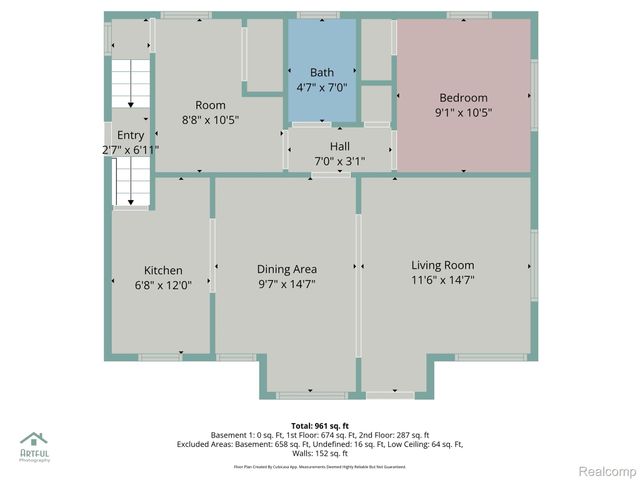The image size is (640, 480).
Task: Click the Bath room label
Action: (x=322, y=72)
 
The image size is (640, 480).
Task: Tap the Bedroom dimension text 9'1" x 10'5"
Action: (x=463, y=113)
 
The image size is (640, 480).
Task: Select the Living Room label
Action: (x=442, y=265)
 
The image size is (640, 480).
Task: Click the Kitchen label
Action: (x=163, y=270)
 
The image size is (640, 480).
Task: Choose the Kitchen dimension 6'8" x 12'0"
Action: (x=163, y=285)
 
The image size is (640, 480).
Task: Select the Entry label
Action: (x=130, y=135)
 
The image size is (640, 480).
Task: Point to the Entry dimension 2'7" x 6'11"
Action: (x=130, y=150)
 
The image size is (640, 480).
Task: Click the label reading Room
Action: (x=210, y=105)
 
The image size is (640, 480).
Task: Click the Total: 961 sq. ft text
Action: (x=319, y=424)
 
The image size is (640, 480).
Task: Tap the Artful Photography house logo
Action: (x=34, y=440)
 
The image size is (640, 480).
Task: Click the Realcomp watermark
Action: (x=607, y=470)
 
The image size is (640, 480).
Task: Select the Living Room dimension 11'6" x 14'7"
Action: (x=442, y=281)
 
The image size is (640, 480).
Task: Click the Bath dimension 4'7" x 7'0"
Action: (x=322, y=88)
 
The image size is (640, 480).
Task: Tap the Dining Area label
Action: (x=287, y=269)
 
